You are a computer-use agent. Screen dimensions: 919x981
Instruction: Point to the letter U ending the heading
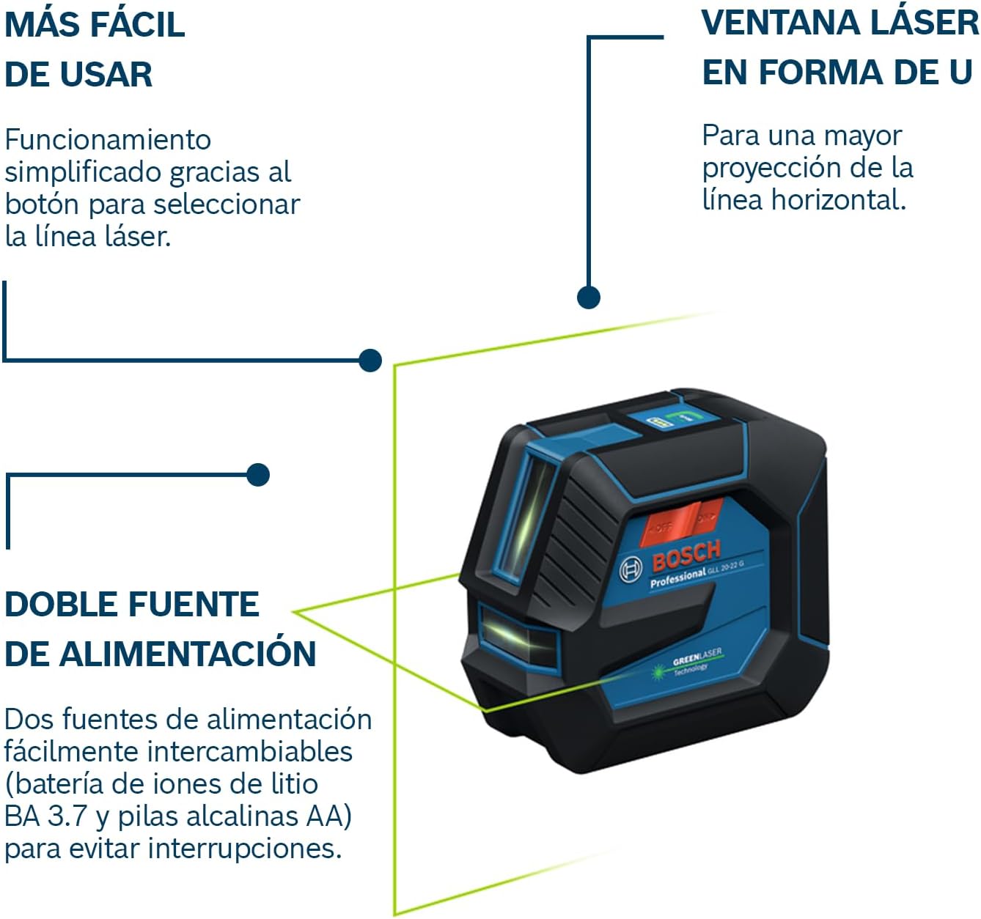click(x=960, y=73)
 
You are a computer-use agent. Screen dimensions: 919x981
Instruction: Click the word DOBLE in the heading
click(x=62, y=605)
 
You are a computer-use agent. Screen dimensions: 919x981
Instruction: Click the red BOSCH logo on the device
click(x=686, y=556)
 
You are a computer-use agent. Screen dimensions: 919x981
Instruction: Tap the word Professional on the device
click(x=677, y=577)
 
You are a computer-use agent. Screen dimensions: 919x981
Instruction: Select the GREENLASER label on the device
click(x=697, y=656)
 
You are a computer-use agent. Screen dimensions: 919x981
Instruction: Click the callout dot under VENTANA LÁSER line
click(x=589, y=297)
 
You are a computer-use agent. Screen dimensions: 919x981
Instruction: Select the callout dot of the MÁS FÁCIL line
click(x=371, y=360)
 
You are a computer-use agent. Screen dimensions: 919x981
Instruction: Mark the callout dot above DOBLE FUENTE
click(x=258, y=475)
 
